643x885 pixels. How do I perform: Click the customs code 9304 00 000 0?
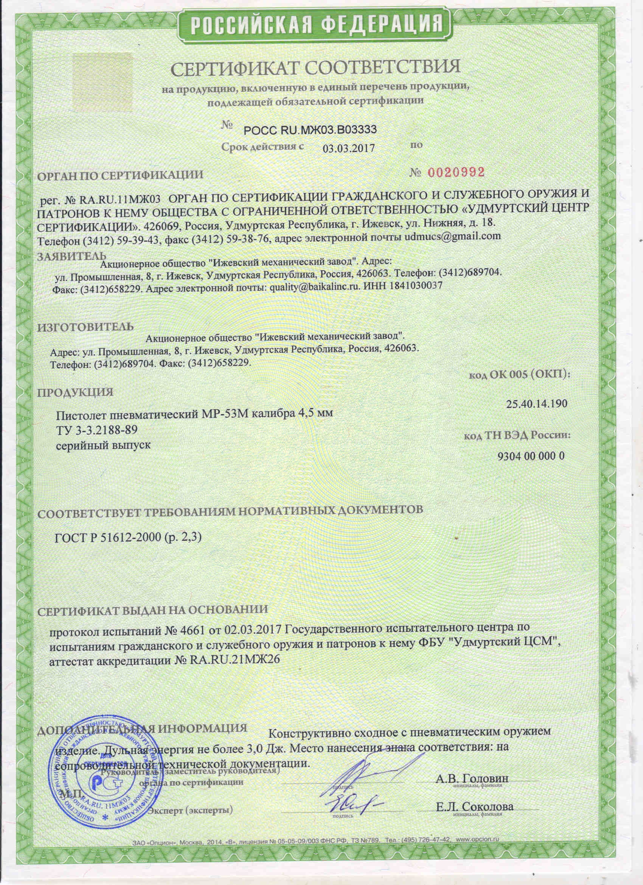(x=531, y=456)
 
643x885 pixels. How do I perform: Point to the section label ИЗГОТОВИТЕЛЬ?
(x=85, y=326)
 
